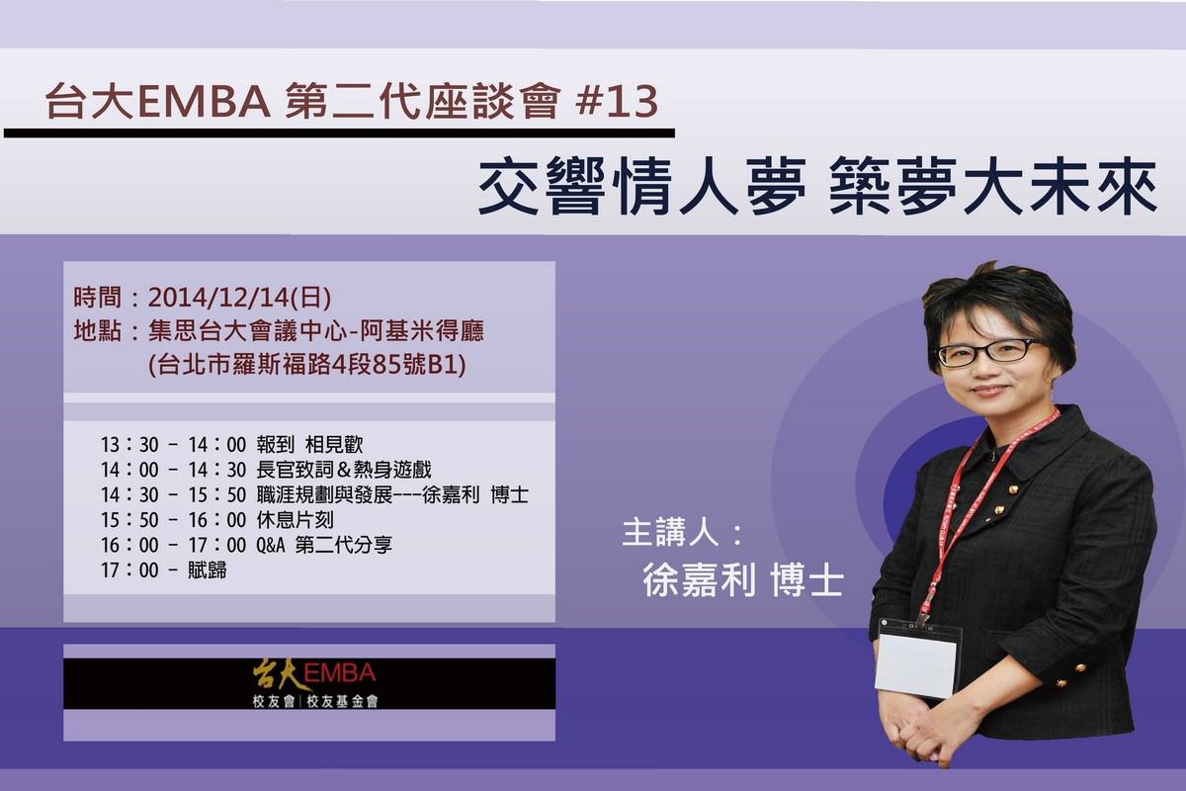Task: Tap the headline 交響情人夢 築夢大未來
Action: point(817,187)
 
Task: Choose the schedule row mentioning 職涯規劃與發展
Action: point(321,492)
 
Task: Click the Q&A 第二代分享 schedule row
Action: point(247,544)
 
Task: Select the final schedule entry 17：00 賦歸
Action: point(163,570)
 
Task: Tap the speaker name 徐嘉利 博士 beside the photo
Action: point(742,580)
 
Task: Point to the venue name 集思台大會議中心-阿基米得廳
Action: point(316,329)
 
